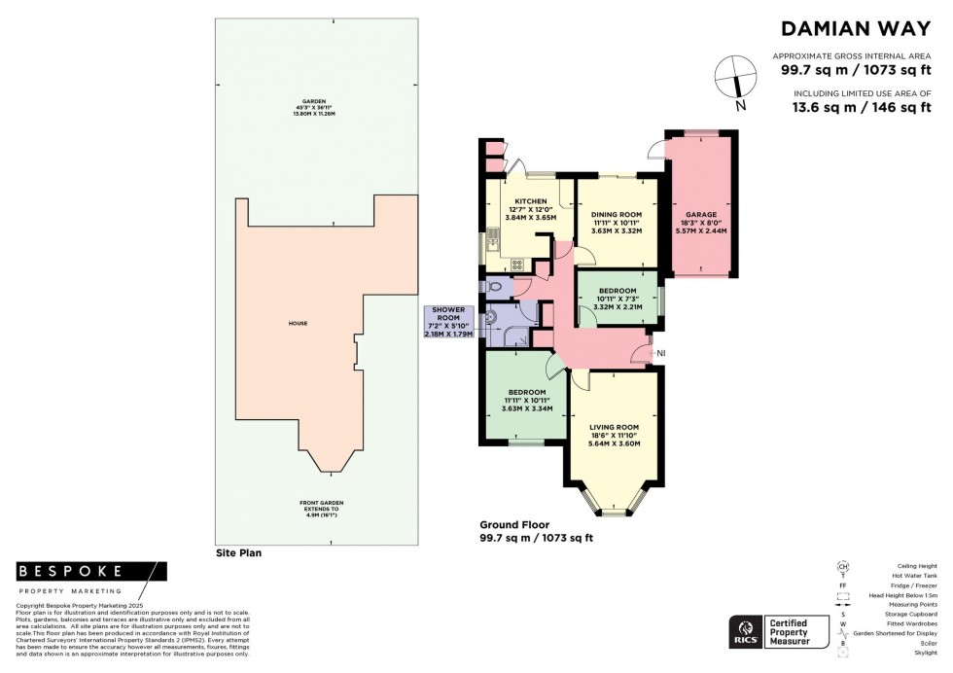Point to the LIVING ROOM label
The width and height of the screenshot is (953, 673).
[615, 426]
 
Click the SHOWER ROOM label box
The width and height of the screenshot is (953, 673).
[448, 321]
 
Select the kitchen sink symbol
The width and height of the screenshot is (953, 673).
[493, 236]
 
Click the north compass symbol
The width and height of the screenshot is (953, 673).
[735, 74]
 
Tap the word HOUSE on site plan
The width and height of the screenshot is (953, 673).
[298, 322]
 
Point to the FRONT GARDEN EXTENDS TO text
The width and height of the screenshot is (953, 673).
[321, 506]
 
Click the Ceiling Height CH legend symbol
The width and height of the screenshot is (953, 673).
[842, 566]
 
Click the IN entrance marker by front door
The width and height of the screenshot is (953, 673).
[661, 352]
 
